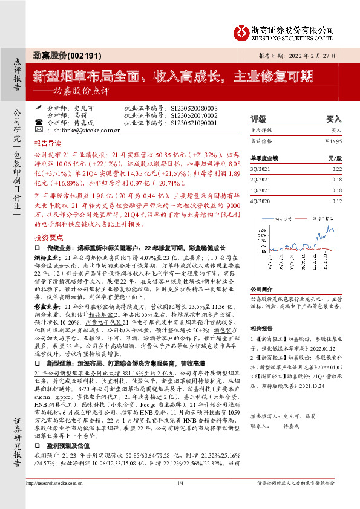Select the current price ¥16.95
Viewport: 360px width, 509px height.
click(333, 141)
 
